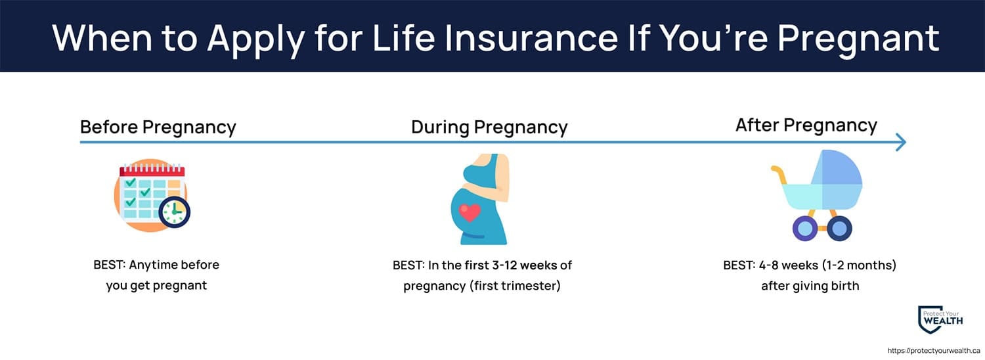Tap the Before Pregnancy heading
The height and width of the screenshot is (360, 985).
pyautogui.click(x=158, y=127)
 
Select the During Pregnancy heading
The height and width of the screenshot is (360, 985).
pyautogui.click(x=489, y=127)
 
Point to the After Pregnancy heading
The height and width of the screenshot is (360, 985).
pyautogui.click(x=806, y=125)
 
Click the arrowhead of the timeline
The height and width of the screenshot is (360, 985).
pyautogui.click(x=901, y=142)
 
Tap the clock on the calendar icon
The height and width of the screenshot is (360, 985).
pyautogui.click(x=174, y=212)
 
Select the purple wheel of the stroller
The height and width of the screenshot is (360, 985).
pyautogui.click(x=804, y=229)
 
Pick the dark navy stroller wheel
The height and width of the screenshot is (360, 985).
pyautogui.click(x=839, y=229)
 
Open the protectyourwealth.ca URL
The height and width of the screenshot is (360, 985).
pyautogui.click(x=934, y=351)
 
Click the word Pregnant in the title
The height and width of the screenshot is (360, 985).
pyautogui.click(x=858, y=39)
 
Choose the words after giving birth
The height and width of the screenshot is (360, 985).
pyautogui.click(x=810, y=286)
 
